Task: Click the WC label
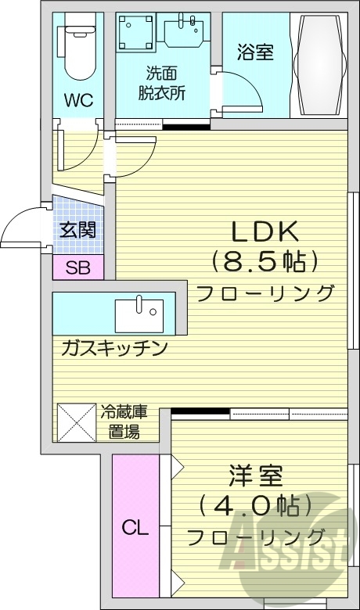pyautogui.click(x=78, y=100)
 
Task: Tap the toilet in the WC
pyautogui.click(x=78, y=51)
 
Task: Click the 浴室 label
pyautogui.click(x=255, y=53)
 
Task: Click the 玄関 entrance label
pyautogui.click(x=77, y=230)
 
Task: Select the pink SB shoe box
pyautogui.click(x=77, y=267)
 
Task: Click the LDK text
pyautogui.click(x=264, y=232)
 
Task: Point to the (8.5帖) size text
pyautogui.click(x=264, y=260)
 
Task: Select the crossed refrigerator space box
pyautogui.click(x=76, y=423)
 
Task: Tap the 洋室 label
pyautogui.click(x=256, y=476)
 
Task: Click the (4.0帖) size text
pyautogui.click(x=256, y=507)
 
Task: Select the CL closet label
pyautogui.click(x=135, y=529)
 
